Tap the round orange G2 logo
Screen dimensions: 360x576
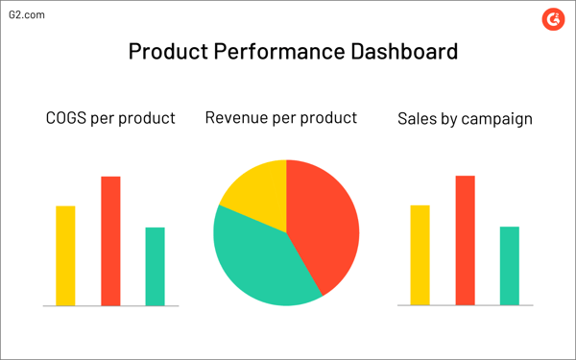(551, 18)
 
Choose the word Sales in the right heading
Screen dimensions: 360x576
(419, 120)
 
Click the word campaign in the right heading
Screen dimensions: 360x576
(497, 121)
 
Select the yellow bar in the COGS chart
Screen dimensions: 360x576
(65, 255)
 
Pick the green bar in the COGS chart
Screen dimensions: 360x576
(155, 266)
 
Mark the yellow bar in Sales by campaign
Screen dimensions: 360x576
(420, 255)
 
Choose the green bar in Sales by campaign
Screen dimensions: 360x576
(509, 266)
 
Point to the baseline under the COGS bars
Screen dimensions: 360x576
(110, 306)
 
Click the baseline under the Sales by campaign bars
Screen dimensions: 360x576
(465, 306)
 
